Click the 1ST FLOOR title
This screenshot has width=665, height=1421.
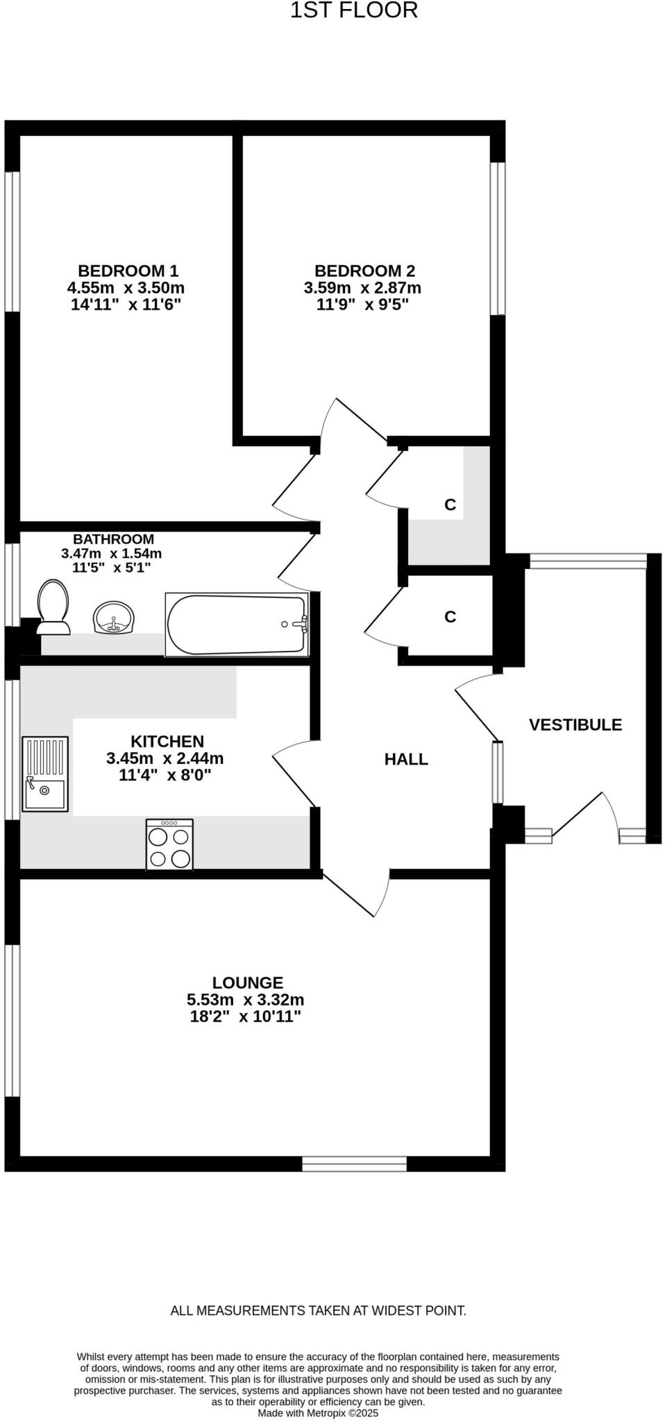click(353, 11)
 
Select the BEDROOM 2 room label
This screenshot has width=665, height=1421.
click(364, 271)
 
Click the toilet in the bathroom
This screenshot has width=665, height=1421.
click(53, 608)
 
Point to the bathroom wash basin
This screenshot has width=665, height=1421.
click(113, 618)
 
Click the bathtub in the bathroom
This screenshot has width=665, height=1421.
click(237, 624)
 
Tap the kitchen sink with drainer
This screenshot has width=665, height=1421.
click(46, 774)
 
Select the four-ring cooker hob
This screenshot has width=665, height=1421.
click(169, 844)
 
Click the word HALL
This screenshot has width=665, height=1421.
click(406, 759)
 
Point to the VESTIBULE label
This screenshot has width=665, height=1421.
click(575, 725)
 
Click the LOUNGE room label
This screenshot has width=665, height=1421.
click(247, 982)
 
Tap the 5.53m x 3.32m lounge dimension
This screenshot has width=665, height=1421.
click(245, 1000)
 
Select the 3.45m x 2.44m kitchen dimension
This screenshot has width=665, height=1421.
click(165, 758)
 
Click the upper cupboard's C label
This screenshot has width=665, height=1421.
click(450, 505)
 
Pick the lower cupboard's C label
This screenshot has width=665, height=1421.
click(450, 617)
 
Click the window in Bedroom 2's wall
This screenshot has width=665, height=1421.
click(497, 239)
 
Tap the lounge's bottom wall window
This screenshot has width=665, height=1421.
click(354, 1164)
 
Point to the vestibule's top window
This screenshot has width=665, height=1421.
click(587, 561)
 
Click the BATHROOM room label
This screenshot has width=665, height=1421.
click(113, 539)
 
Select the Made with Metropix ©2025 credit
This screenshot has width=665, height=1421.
click(318, 1413)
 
